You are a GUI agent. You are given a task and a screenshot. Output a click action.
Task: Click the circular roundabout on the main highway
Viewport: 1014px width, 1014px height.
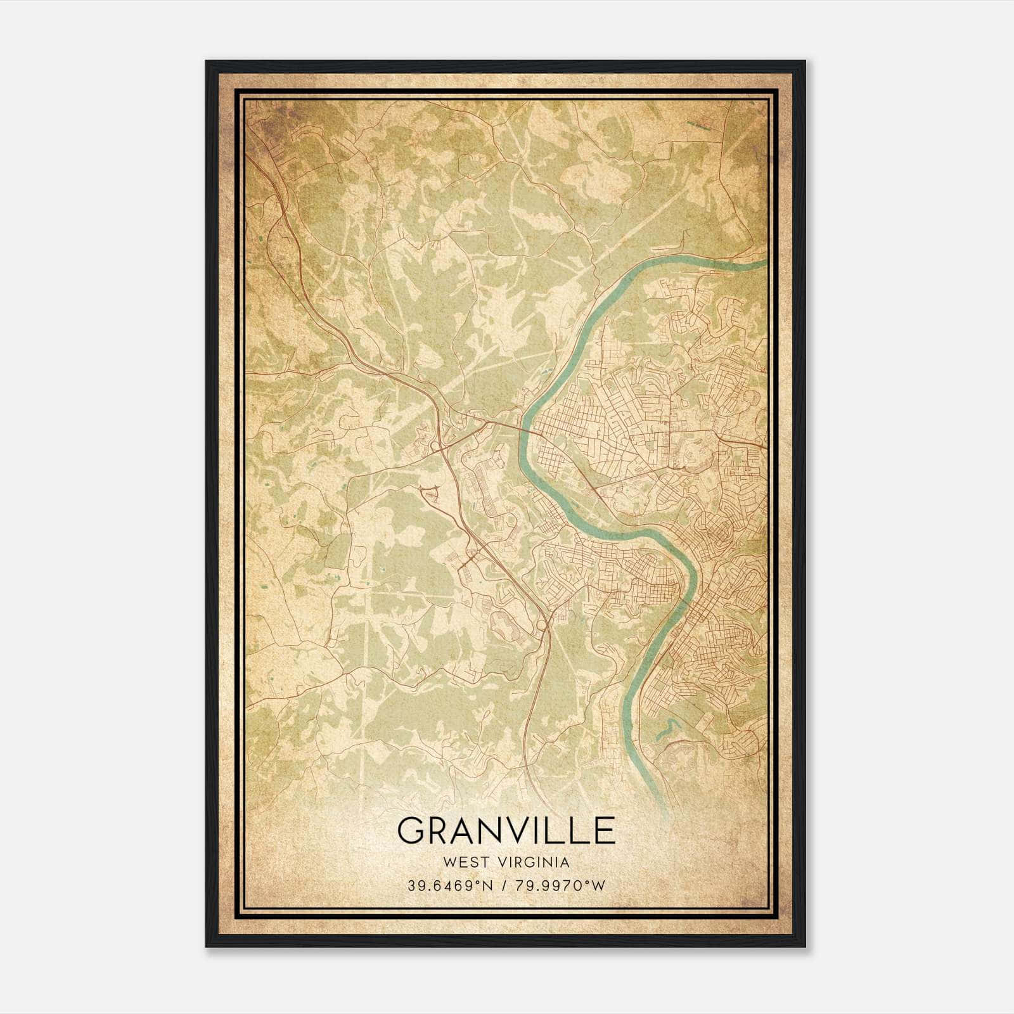pos(542,626)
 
